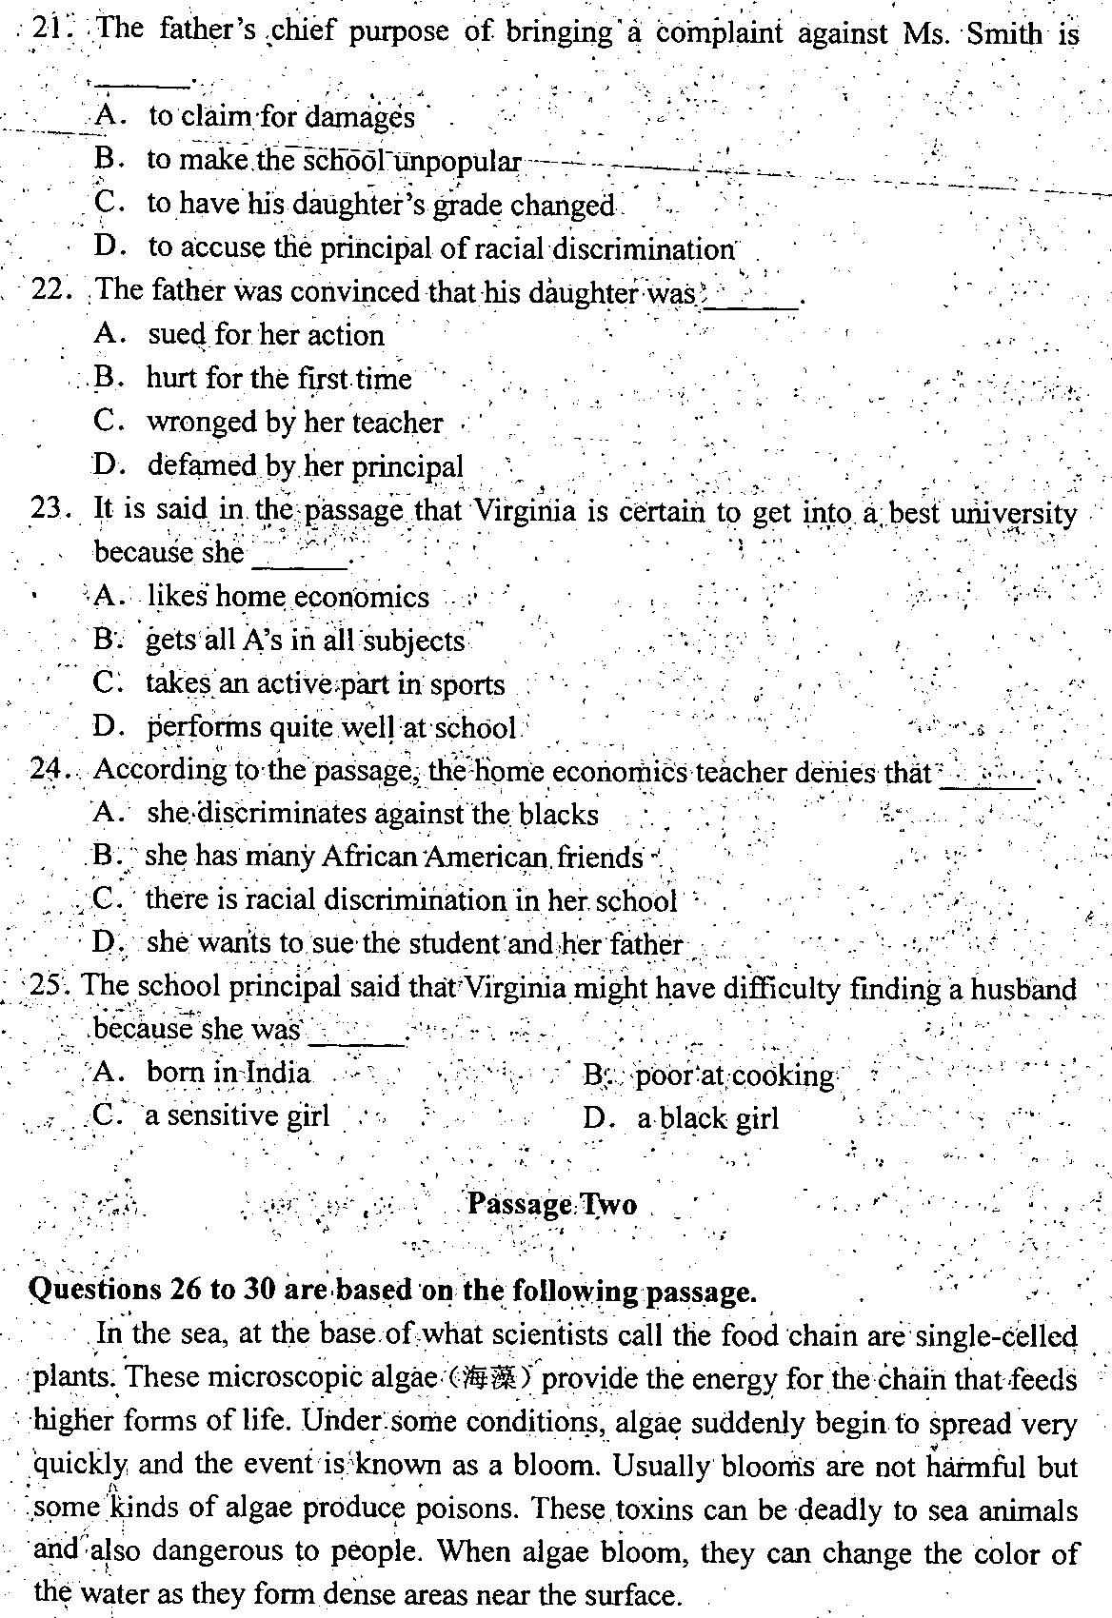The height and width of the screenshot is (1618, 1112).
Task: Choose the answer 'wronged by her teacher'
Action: pyautogui.click(x=294, y=422)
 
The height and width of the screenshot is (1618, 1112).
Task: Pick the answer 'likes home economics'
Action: pyautogui.click(x=288, y=597)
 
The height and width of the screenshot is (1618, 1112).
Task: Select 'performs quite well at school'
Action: pyautogui.click(x=330, y=728)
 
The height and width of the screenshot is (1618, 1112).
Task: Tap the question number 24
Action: pyautogui.click(x=48, y=769)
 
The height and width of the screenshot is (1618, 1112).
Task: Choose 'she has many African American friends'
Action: pyautogui.click(x=393, y=857)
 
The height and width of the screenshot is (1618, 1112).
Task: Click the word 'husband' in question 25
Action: pyautogui.click(x=1023, y=989)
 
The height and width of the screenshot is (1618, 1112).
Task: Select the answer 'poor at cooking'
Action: pyautogui.click(x=734, y=1075)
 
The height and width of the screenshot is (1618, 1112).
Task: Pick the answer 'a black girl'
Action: pyautogui.click(x=707, y=1118)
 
